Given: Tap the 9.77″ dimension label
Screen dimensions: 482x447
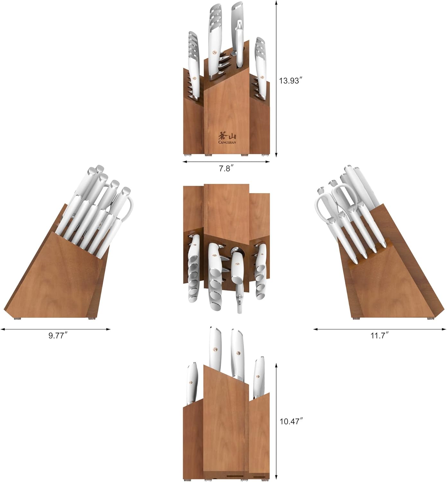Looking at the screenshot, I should tap(58, 335).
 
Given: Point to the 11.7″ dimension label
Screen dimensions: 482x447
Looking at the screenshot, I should tap(380, 335).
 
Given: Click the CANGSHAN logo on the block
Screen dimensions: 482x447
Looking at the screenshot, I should tap(227, 138).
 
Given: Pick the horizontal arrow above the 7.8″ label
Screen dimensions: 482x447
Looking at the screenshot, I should tap(226, 162).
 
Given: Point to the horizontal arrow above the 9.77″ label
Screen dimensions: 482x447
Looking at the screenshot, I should tap(55, 329).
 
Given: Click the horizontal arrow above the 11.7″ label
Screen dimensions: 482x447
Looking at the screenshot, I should tap(380, 329).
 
